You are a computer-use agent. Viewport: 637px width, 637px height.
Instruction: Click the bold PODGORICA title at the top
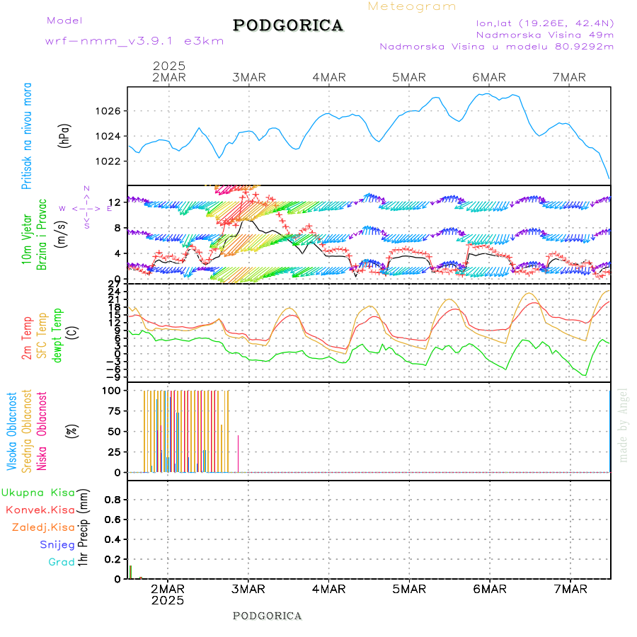(288, 25)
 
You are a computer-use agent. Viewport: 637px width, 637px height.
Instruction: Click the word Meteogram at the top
(412, 6)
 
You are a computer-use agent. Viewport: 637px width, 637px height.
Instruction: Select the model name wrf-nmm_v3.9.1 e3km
(134, 41)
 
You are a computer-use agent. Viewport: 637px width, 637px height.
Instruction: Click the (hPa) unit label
(65, 135)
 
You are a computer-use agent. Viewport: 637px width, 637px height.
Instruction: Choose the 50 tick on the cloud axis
(113, 431)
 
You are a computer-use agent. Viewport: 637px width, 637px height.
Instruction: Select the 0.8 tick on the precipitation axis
(112, 500)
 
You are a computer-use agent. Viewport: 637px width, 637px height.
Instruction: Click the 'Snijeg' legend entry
(59, 544)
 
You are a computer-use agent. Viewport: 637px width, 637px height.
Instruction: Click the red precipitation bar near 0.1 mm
(130, 572)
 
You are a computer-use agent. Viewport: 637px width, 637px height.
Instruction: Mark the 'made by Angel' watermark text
(624, 425)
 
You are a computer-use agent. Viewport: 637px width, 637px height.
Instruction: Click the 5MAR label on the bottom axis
(408, 589)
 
